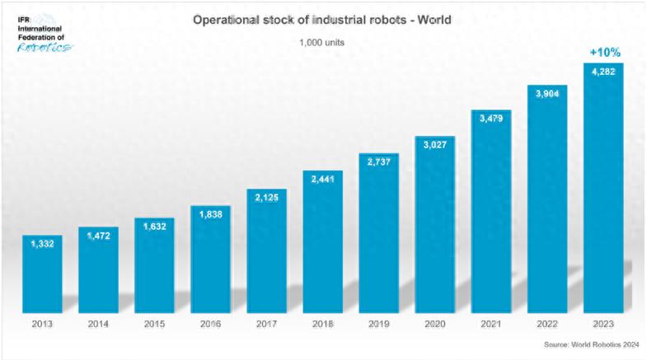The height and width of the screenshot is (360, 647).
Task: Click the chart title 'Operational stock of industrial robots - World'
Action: (x=321, y=18)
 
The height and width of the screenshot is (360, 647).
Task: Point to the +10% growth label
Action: (x=604, y=53)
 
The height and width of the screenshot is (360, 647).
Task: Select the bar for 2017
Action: (x=266, y=251)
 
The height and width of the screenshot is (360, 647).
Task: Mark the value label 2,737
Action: (x=379, y=163)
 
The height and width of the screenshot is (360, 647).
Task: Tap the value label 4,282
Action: (x=603, y=72)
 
